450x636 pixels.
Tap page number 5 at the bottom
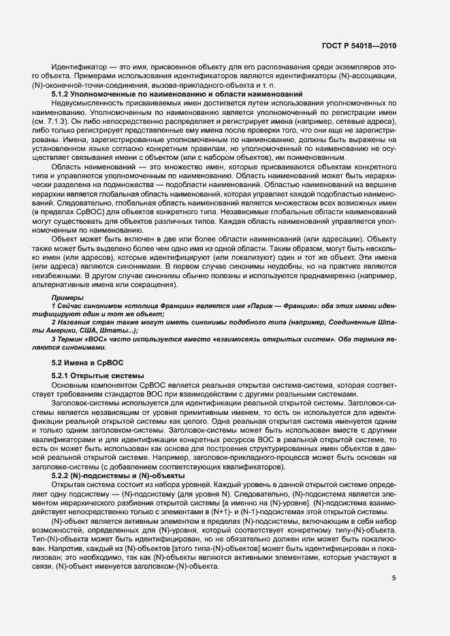click(393, 578)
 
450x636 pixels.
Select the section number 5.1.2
click(61, 94)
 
